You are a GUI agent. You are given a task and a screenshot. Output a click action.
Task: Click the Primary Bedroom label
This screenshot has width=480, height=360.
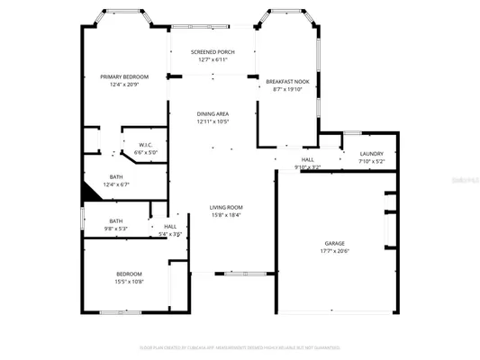[x=124, y=77]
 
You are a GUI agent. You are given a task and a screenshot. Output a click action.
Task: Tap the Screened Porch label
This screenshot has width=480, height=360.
[x=213, y=52]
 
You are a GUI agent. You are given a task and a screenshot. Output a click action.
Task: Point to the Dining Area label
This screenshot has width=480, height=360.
[x=213, y=113]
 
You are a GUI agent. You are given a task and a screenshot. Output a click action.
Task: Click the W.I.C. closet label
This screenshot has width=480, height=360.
[x=146, y=145]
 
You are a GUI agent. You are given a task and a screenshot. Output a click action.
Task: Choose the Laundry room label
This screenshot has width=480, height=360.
[x=371, y=154]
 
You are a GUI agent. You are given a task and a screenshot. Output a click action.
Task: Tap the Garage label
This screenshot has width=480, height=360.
[x=335, y=243]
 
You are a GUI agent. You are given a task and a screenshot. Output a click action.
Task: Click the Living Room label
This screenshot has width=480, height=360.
[x=226, y=207]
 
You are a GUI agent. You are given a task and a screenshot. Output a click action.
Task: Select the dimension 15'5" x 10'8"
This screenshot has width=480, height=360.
[x=129, y=282]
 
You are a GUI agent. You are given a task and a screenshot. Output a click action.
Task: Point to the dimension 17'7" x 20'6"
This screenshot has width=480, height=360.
[x=335, y=251]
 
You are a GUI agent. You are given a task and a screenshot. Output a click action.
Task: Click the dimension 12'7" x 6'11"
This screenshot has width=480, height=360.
[x=213, y=59]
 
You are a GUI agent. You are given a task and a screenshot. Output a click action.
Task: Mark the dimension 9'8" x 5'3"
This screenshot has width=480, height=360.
[x=116, y=229]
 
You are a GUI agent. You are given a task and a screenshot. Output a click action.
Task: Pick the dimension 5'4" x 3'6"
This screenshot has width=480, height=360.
[x=170, y=234]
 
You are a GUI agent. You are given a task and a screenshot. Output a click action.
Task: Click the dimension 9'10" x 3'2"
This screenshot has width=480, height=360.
[x=307, y=167]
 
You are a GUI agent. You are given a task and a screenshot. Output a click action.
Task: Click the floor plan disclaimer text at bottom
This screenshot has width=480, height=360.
[x=240, y=347]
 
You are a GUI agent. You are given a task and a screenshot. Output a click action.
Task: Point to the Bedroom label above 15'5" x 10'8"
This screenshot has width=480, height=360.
[x=129, y=274]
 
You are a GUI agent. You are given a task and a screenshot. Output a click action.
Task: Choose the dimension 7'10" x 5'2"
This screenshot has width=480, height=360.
[x=371, y=162]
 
